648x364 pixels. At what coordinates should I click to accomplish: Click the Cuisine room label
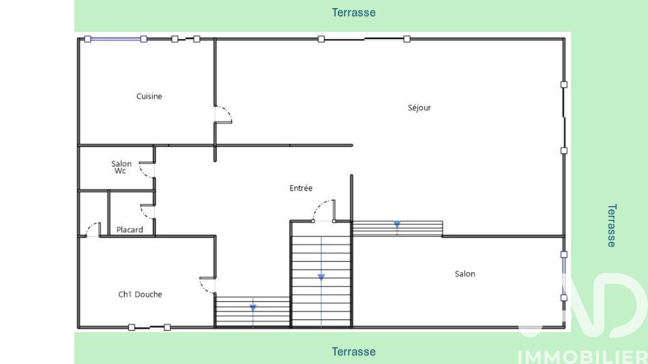pyautogui.click(x=149, y=96)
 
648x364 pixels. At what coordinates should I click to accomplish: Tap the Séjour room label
pyautogui.click(x=419, y=108)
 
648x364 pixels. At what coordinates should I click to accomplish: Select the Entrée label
pyautogui.click(x=301, y=188)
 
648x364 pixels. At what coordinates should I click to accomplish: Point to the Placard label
pyautogui.click(x=130, y=230)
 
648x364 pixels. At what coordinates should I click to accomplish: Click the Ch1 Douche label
pyautogui.click(x=140, y=294)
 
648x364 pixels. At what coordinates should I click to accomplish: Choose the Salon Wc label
pyautogui.click(x=121, y=167)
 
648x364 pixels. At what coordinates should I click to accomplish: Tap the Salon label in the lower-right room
pyautogui.click(x=465, y=274)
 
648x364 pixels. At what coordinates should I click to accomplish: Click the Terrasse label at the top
pyautogui.click(x=353, y=13)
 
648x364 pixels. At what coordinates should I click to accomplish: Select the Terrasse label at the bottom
pyautogui.click(x=353, y=351)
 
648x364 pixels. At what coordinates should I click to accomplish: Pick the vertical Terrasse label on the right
pyautogui.click(x=612, y=225)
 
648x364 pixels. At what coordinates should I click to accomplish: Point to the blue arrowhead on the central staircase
pyautogui.click(x=321, y=278)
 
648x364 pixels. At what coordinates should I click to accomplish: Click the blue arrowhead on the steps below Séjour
pyautogui.click(x=397, y=224)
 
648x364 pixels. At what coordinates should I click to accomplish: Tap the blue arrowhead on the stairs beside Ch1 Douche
pyautogui.click(x=253, y=308)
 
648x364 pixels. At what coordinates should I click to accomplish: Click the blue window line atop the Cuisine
pyautogui.click(x=115, y=39)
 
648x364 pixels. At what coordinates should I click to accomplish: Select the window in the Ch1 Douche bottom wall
pyautogui.click(x=149, y=327)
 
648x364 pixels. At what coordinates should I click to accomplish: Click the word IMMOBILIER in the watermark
pyautogui.click(x=582, y=357)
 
